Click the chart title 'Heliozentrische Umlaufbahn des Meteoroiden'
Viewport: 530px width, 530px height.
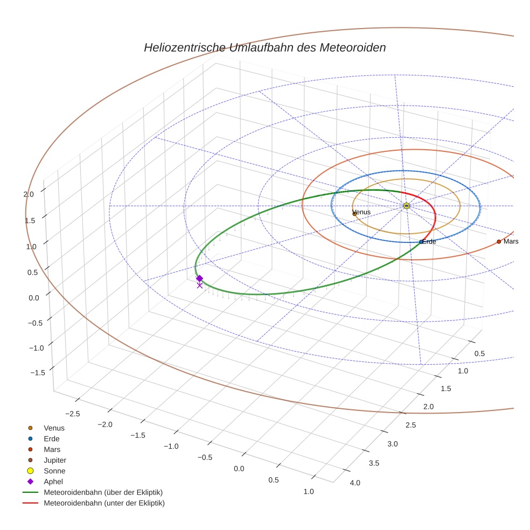264,47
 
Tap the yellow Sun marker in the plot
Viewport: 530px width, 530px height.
407,206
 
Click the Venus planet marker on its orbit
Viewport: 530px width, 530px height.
354,213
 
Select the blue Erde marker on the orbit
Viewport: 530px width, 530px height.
421,242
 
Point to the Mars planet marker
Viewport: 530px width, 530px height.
499,242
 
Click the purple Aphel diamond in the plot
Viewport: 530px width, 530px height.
199,278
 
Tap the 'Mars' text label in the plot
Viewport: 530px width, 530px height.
511,242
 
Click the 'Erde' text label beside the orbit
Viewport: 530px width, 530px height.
429,242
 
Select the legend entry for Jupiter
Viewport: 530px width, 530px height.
55,460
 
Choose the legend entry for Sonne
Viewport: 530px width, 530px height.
54,471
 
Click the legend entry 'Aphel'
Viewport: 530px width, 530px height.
53,482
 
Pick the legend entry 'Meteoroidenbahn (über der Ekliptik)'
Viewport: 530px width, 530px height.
103,492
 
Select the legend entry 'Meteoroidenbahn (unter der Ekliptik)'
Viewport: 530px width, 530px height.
104,503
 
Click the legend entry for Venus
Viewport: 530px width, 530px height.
54,428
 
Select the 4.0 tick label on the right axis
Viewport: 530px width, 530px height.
355,483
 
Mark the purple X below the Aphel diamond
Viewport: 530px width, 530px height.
200,285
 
